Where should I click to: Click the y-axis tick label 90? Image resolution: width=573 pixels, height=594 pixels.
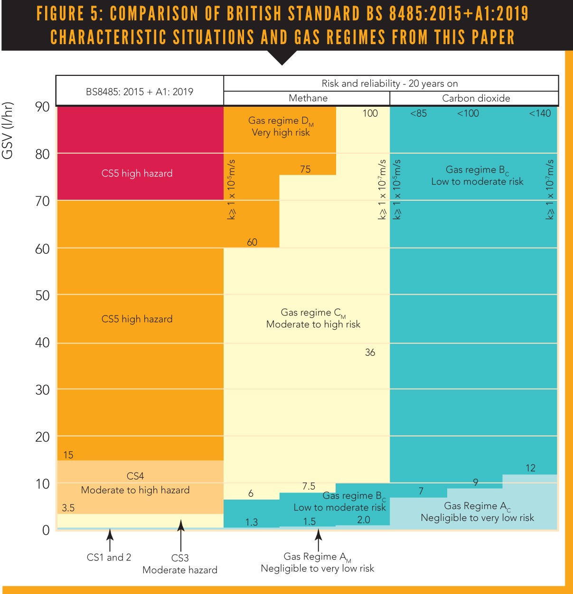pyautogui.click(x=42, y=107)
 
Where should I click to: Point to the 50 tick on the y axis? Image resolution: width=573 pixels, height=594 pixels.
pyautogui.click(x=42, y=296)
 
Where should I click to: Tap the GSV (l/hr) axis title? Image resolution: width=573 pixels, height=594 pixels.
pyautogui.click(x=8, y=130)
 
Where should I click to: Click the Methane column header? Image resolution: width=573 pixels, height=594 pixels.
pyautogui.click(x=308, y=98)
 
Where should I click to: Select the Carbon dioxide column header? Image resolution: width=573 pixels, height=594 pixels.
pyautogui.click(x=476, y=98)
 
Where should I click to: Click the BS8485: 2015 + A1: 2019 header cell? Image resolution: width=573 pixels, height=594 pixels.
pyautogui.click(x=140, y=92)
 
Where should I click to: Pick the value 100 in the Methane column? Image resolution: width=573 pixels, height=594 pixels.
pyautogui.click(x=370, y=113)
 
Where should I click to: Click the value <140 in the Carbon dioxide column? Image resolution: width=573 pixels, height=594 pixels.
pyautogui.click(x=540, y=113)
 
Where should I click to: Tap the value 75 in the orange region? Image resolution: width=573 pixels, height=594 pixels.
pyautogui.click(x=305, y=169)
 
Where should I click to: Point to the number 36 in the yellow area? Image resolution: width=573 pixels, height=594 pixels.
pyautogui.click(x=370, y=353)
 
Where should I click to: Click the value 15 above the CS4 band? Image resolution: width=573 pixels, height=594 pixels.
pyautogui.click(x=68, y=455)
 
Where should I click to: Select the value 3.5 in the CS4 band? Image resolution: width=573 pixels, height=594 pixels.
pyautogui.click(x=68, y=508)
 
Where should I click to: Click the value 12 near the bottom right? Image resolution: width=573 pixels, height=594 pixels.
pyautogui.click(x=530, y=468)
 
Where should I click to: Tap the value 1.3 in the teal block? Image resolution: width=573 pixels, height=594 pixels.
pyautogui.click(x=251, y=522)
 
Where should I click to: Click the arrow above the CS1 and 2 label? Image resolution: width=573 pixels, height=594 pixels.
pyautogui.click(x=110, y=540)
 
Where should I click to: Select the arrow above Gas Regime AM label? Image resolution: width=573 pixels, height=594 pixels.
pyautogui.click(x=319, y=540)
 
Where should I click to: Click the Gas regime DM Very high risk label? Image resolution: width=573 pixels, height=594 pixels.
pyautogui.click(x=281, y=127)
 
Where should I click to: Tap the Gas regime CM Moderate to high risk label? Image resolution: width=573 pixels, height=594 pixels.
pyautogui.click(x=313, y=318)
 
